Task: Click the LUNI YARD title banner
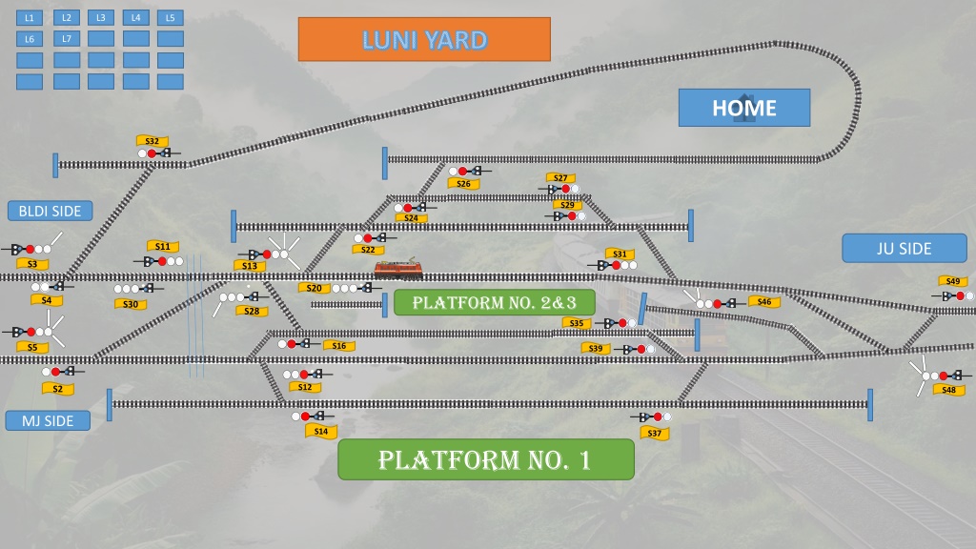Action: (424, 39)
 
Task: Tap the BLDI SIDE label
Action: (50, 211)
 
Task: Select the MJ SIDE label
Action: (48, 420)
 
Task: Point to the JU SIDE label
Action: (904, 249)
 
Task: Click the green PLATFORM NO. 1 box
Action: (485, 459)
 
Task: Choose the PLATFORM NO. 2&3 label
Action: (495, 302)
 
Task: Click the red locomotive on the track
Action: (398, 269)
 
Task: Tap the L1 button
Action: (30, 18)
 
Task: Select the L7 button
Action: (67, 38)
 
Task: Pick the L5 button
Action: (170, 18)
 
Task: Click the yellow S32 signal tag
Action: (152, 141)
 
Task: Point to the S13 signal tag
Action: (250, 266)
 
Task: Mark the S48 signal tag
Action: (948, 390)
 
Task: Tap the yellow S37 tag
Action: (654, 434)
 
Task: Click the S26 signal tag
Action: (464, 184)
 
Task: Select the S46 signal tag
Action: (764, 302)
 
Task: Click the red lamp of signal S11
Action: (162, 261)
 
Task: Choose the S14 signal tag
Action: (321, 431)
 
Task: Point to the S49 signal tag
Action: (953, 281)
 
